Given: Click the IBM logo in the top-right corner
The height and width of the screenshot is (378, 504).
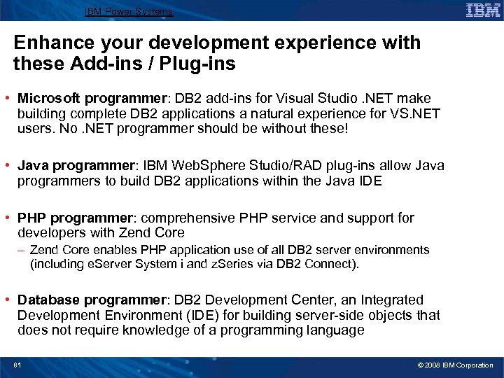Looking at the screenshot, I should (483, 10).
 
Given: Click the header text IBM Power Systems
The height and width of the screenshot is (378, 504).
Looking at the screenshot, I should (128, 12).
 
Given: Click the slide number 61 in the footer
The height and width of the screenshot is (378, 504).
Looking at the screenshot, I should (17, 365).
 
